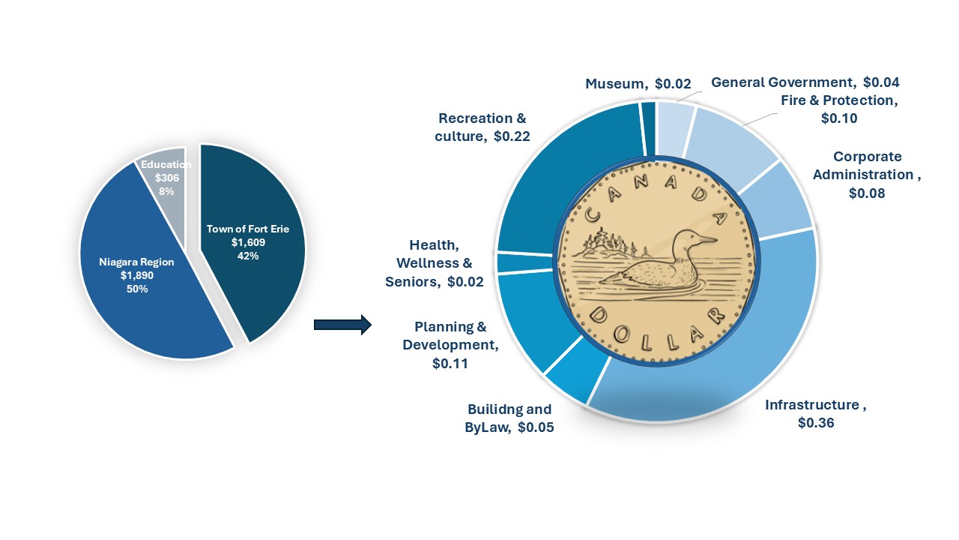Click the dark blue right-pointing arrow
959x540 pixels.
click(x=342, y=325)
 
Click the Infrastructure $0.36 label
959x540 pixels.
click(x=816, y=413)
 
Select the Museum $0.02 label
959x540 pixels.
click(x=638, y=83)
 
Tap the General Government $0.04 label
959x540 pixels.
click(x=805, y=82)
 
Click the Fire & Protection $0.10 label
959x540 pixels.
click(x=839, y=109)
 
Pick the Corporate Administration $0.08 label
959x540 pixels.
click(x=867, y=175)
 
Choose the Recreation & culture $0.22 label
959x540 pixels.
click(x=482, y=127)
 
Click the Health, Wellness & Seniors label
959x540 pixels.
click(x=434, y=263)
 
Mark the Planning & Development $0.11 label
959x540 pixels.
click(x=450, y=345)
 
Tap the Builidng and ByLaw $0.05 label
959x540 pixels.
click(x=509, y=418)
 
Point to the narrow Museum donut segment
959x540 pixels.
click(x=649, y=128)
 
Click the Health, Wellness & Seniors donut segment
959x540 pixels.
click(x=523, y=263)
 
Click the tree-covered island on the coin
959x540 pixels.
click(x=607, y=245)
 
